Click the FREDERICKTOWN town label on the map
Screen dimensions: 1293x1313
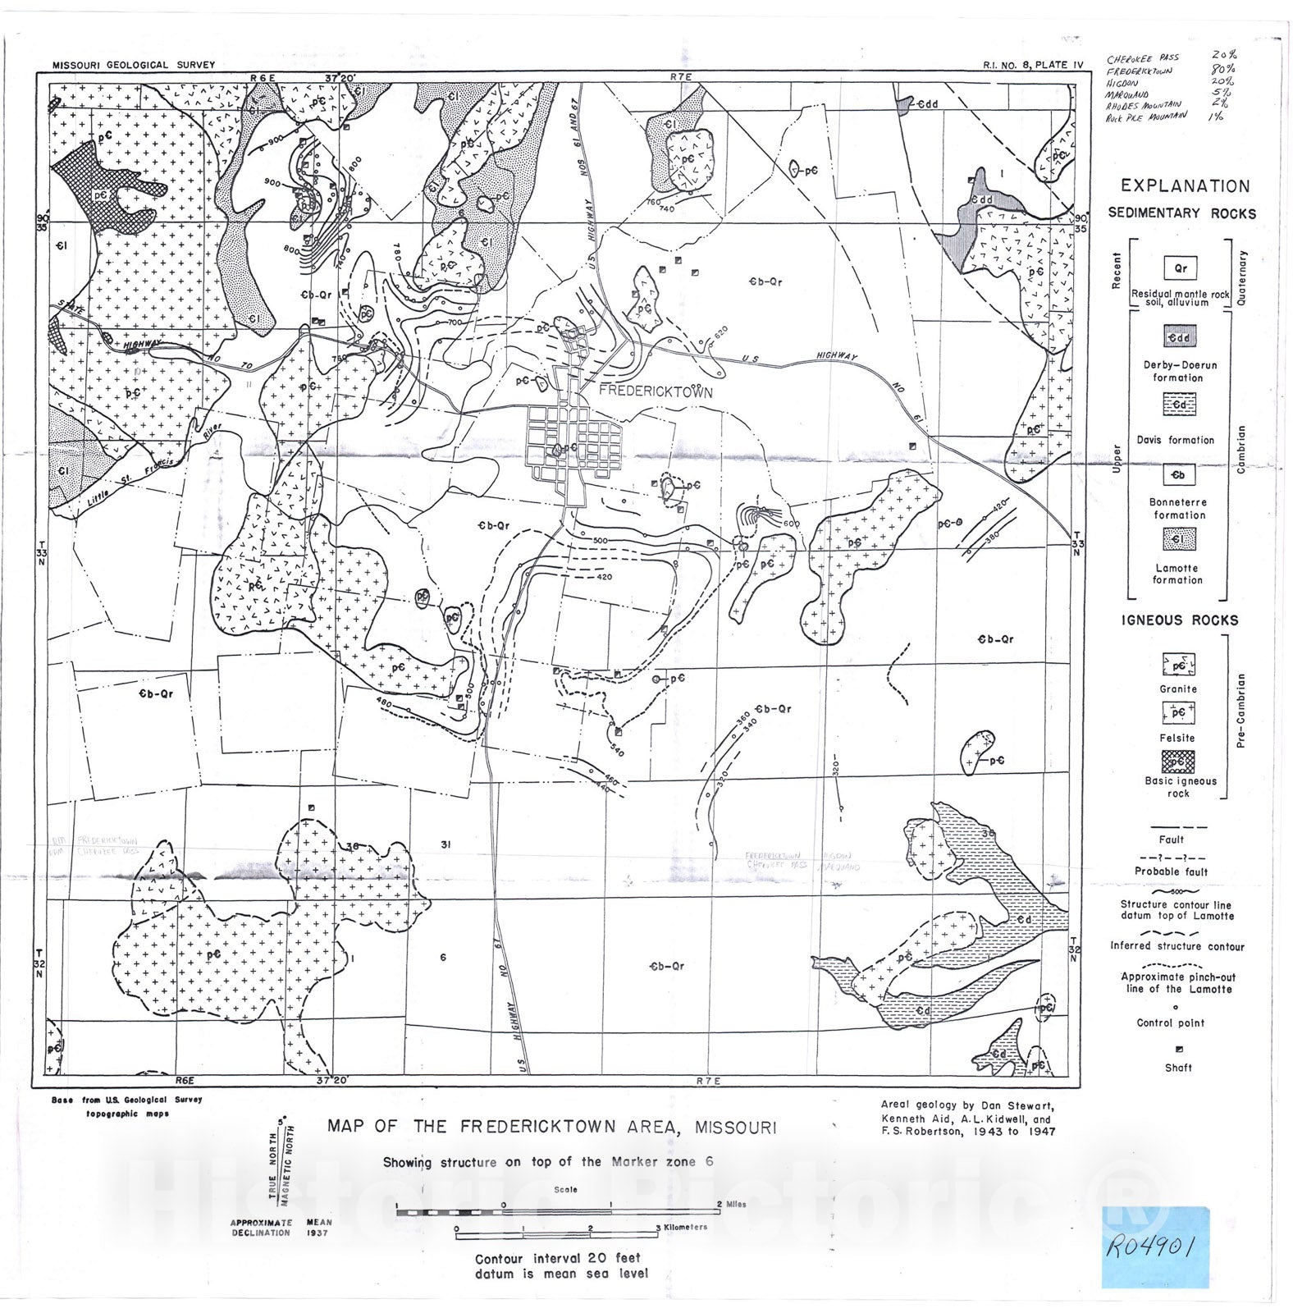[656, 392]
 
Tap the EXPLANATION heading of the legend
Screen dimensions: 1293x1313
[1185, 186]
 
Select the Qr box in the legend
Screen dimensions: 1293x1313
[1180, 268]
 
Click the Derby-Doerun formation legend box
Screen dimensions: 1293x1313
[1179, 336]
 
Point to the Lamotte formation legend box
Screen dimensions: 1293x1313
[1179, 539]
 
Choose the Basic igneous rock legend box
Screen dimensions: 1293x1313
[1178, 762]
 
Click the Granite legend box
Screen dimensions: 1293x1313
[1178, 665]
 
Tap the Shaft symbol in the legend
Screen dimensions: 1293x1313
[1179, 1050]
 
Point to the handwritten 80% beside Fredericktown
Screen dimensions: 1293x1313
[1224, 68]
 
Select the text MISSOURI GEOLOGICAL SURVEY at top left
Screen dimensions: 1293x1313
[134, 65]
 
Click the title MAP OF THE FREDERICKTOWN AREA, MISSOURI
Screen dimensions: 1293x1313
[551, 1127]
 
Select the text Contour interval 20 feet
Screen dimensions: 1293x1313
[558, 1258]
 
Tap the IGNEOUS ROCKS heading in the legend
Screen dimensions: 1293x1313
[1180, 620]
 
